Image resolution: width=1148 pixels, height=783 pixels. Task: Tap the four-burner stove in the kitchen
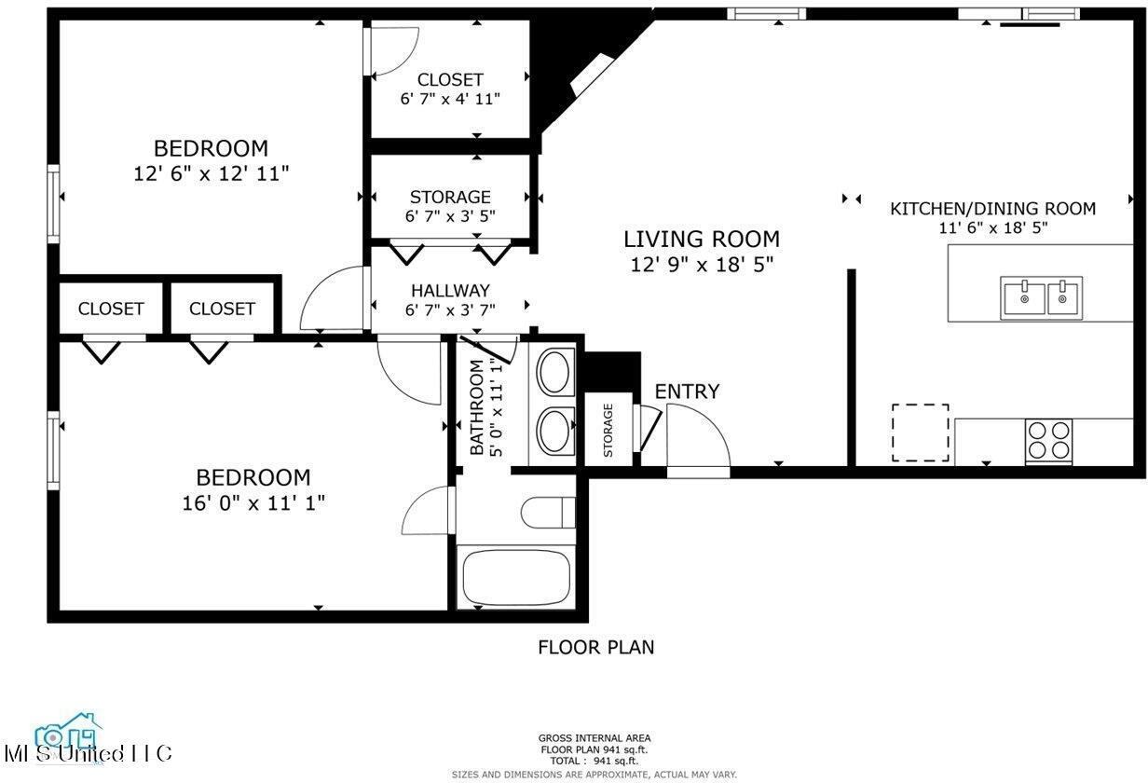click(1048, 441)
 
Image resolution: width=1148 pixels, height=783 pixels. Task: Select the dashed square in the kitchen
click(921, 433)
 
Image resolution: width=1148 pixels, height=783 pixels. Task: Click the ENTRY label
click(687, 391)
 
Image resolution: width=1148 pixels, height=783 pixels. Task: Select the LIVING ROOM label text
click(702, 240)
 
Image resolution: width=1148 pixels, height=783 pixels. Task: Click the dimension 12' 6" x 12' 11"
click(212, 173)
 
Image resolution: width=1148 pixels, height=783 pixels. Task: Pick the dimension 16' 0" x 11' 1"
click(253, 503)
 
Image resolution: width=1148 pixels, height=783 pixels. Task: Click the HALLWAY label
click(450, 292)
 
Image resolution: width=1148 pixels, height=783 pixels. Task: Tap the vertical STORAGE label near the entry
click(608, 431)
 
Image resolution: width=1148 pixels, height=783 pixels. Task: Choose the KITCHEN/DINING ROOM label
click(992, 209)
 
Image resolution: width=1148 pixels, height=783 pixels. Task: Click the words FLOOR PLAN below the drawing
click(595, 647)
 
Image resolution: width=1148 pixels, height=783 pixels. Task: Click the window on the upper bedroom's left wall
click(54, 204)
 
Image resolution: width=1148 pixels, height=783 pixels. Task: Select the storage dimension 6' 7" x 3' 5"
click(450, 215)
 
